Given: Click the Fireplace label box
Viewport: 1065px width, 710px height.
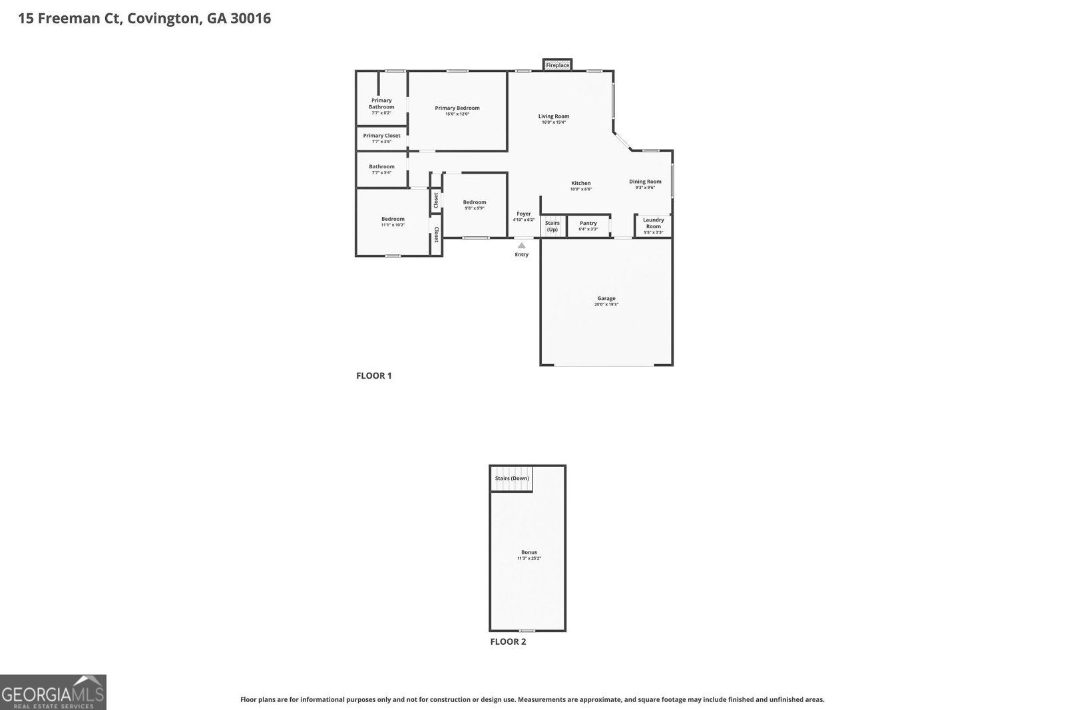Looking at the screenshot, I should coord(557,65).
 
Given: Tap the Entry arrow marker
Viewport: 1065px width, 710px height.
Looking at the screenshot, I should coord(521,246).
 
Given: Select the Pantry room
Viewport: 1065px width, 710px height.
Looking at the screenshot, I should coord(588,226).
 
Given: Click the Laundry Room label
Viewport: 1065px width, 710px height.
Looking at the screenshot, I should coord(654,223).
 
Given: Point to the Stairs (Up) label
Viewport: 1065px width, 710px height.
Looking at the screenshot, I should coord(552,226).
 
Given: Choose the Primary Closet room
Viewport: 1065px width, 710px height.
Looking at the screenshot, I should coord(381,138).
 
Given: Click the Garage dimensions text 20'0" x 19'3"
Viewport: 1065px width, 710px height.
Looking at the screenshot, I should coord(606,305).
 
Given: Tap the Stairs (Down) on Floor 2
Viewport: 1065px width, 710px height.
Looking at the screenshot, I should coord(512,478).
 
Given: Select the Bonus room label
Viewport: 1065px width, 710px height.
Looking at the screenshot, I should coord(529,552).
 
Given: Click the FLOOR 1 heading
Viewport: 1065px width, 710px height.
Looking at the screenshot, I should coord(374,376).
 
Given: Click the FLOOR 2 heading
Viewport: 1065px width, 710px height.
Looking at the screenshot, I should coord(508,642).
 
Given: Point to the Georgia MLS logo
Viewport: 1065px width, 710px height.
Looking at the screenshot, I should coord(53,692).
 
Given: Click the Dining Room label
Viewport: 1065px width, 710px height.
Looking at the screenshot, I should coord(645,182).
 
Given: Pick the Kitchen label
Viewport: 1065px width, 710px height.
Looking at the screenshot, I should coord(581,184).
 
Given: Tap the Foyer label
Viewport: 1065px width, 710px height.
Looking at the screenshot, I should coord(524,214).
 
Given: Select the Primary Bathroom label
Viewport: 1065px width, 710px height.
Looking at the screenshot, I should coord(381,104).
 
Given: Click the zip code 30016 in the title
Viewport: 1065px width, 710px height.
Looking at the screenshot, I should coord(250,19).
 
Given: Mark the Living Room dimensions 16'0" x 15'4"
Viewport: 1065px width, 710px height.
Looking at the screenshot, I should coord(553,122).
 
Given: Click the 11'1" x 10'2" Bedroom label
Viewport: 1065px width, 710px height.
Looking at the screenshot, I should coord(393,222).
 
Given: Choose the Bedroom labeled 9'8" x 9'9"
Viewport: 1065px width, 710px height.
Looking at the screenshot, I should coord(475,205).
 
